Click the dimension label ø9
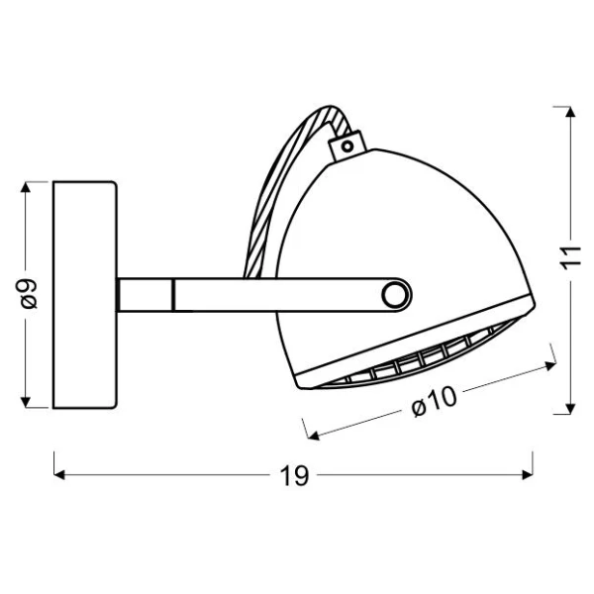pos(29,294)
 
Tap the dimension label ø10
pos(435,402)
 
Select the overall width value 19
pos(294,475)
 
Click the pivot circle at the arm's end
pos(396,295)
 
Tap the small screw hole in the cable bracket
pos(347,146)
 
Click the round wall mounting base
pos(85,295)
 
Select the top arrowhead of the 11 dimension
pos(570,112)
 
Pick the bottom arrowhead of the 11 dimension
pos(570,408)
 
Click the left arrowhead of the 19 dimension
pos(59,474)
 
